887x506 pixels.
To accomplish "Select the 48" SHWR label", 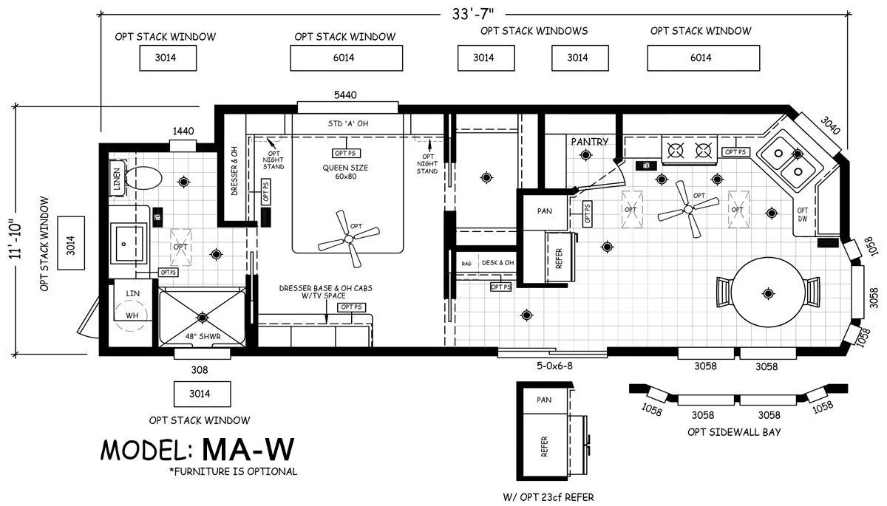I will point(203,337).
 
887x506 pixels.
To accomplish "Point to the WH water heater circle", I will point(132,315).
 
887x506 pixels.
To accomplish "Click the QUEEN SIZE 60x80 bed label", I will point(344,172).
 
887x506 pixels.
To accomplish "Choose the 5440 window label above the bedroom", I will point(345,95).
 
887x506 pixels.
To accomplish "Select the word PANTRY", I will point(589,141).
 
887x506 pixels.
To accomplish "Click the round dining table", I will point(767,294).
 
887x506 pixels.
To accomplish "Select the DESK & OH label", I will point(497,262).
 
